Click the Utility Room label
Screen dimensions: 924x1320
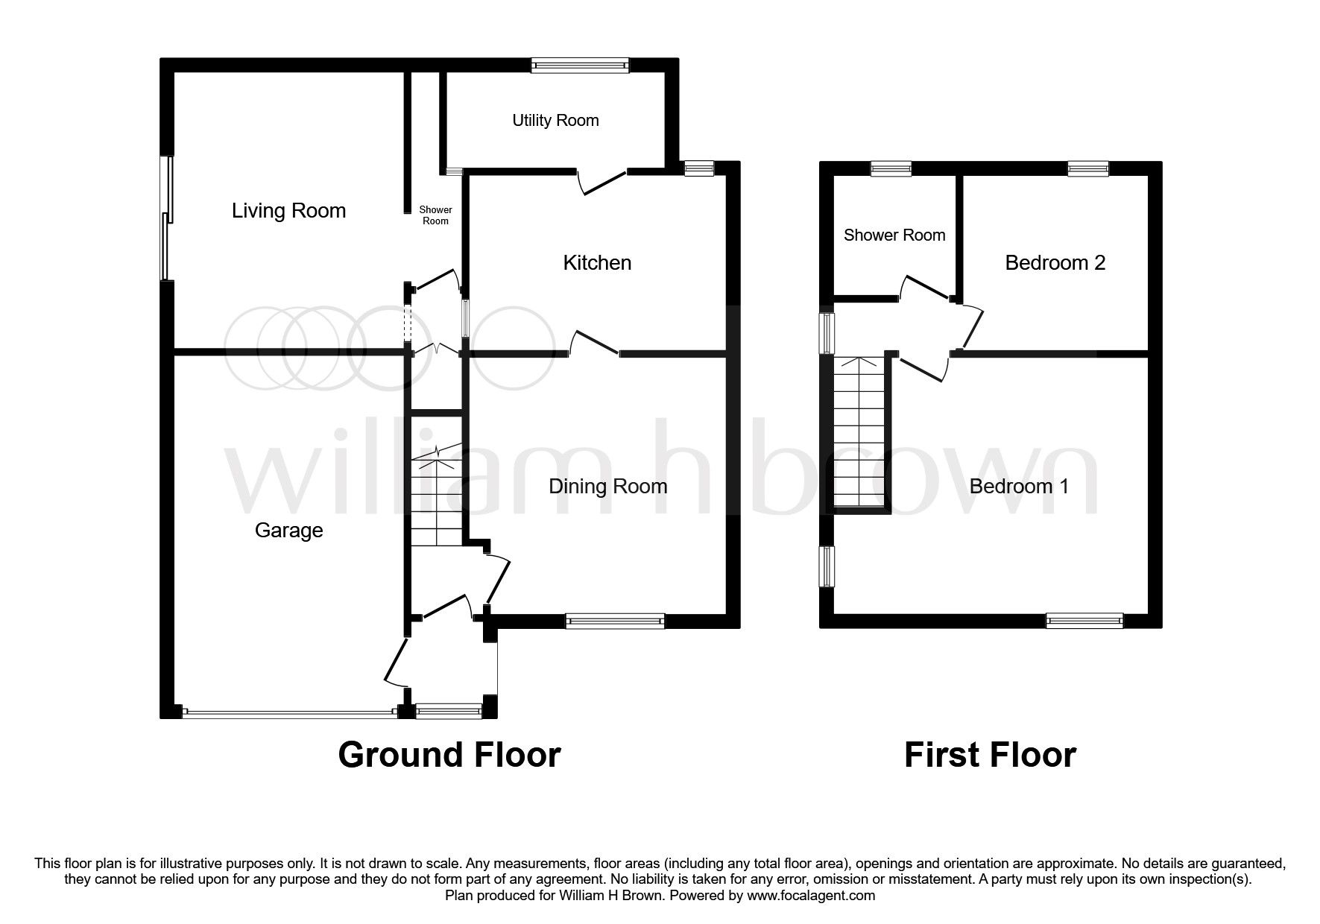[555, 120]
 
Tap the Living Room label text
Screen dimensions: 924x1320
[288, 210]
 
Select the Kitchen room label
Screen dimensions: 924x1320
[597, 262]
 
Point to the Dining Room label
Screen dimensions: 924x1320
[607, 487]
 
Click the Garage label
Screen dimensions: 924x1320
[288, 531]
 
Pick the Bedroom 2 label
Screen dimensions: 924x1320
[1055, 262]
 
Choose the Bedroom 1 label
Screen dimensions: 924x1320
[1019, 487]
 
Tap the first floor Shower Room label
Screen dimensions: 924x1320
[894, 235]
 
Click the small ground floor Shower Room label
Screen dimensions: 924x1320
[436, 215]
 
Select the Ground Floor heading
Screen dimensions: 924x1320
[449, 754]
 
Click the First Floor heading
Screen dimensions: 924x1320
[990, 754]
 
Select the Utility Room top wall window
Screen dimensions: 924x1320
[580, 66]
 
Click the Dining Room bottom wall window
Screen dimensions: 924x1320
[614, 621]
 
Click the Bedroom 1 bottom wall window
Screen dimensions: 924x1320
[1084, 621]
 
